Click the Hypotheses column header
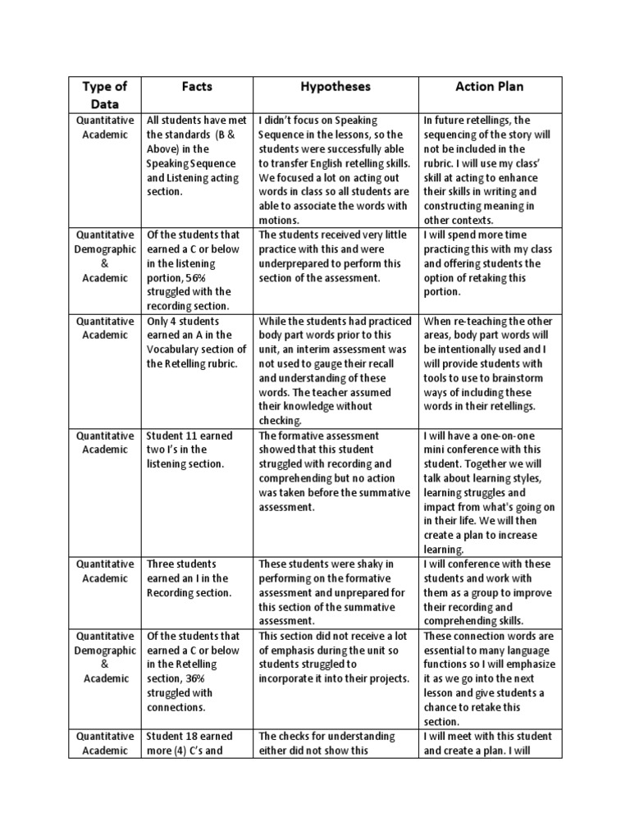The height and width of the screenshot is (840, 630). (x=335, y=86)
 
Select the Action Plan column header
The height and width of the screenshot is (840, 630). (x=490, y=86)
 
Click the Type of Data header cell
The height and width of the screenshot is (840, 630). (x=105, y=95)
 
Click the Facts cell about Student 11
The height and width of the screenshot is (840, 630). (x=196, y=450)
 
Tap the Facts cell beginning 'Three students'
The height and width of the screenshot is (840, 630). (x=196, y=577)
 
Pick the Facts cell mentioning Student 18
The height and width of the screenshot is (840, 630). (x=196, y=742)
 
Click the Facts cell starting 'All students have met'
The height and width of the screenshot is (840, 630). (x=196, y=156)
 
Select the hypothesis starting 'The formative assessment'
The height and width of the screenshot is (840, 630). (x=335, y=471)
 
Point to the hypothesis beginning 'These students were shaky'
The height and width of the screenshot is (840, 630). (x=335, y=592)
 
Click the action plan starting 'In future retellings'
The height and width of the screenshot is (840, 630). (x=490, y=170)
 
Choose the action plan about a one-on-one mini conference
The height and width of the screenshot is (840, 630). (x=490, y=492)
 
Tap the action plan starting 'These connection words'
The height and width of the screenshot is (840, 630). (x=490, y=678)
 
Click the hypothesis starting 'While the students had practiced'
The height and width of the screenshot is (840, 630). (x=335, y=371)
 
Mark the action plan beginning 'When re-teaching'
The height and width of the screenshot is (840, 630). (x=490, y=363)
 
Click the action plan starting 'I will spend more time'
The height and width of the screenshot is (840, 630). (x=490, y=263)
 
